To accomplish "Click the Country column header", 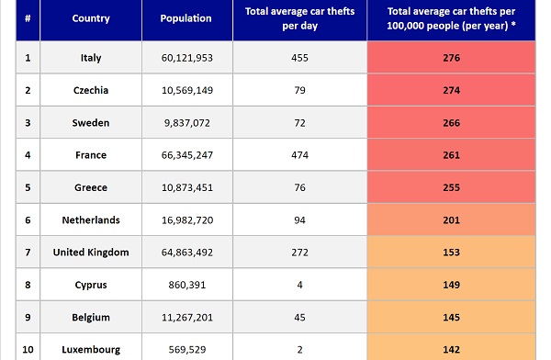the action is [91, 18].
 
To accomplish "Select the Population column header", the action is [186, 18].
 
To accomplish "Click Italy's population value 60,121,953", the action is [187, 58].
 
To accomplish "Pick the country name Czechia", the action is [91, 90].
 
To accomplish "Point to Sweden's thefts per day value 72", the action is [299, 123].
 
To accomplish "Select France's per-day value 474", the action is [299, 155].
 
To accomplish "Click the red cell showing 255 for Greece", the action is [451, 187].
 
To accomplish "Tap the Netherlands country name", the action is [91, 220].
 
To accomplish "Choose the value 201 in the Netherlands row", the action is [451, 220].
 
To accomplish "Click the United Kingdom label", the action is [91, 253].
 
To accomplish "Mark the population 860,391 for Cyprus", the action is [187, 285].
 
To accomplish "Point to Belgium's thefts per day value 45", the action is [299, 318].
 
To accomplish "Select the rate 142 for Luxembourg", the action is [451, 350].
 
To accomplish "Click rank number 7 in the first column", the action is [28, 253].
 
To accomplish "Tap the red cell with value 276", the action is [451, 58].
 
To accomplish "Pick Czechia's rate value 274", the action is [451, 90].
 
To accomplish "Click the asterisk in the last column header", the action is [513, 25].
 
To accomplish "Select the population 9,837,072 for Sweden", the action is [187, 123].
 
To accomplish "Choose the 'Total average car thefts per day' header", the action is [299, 18].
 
